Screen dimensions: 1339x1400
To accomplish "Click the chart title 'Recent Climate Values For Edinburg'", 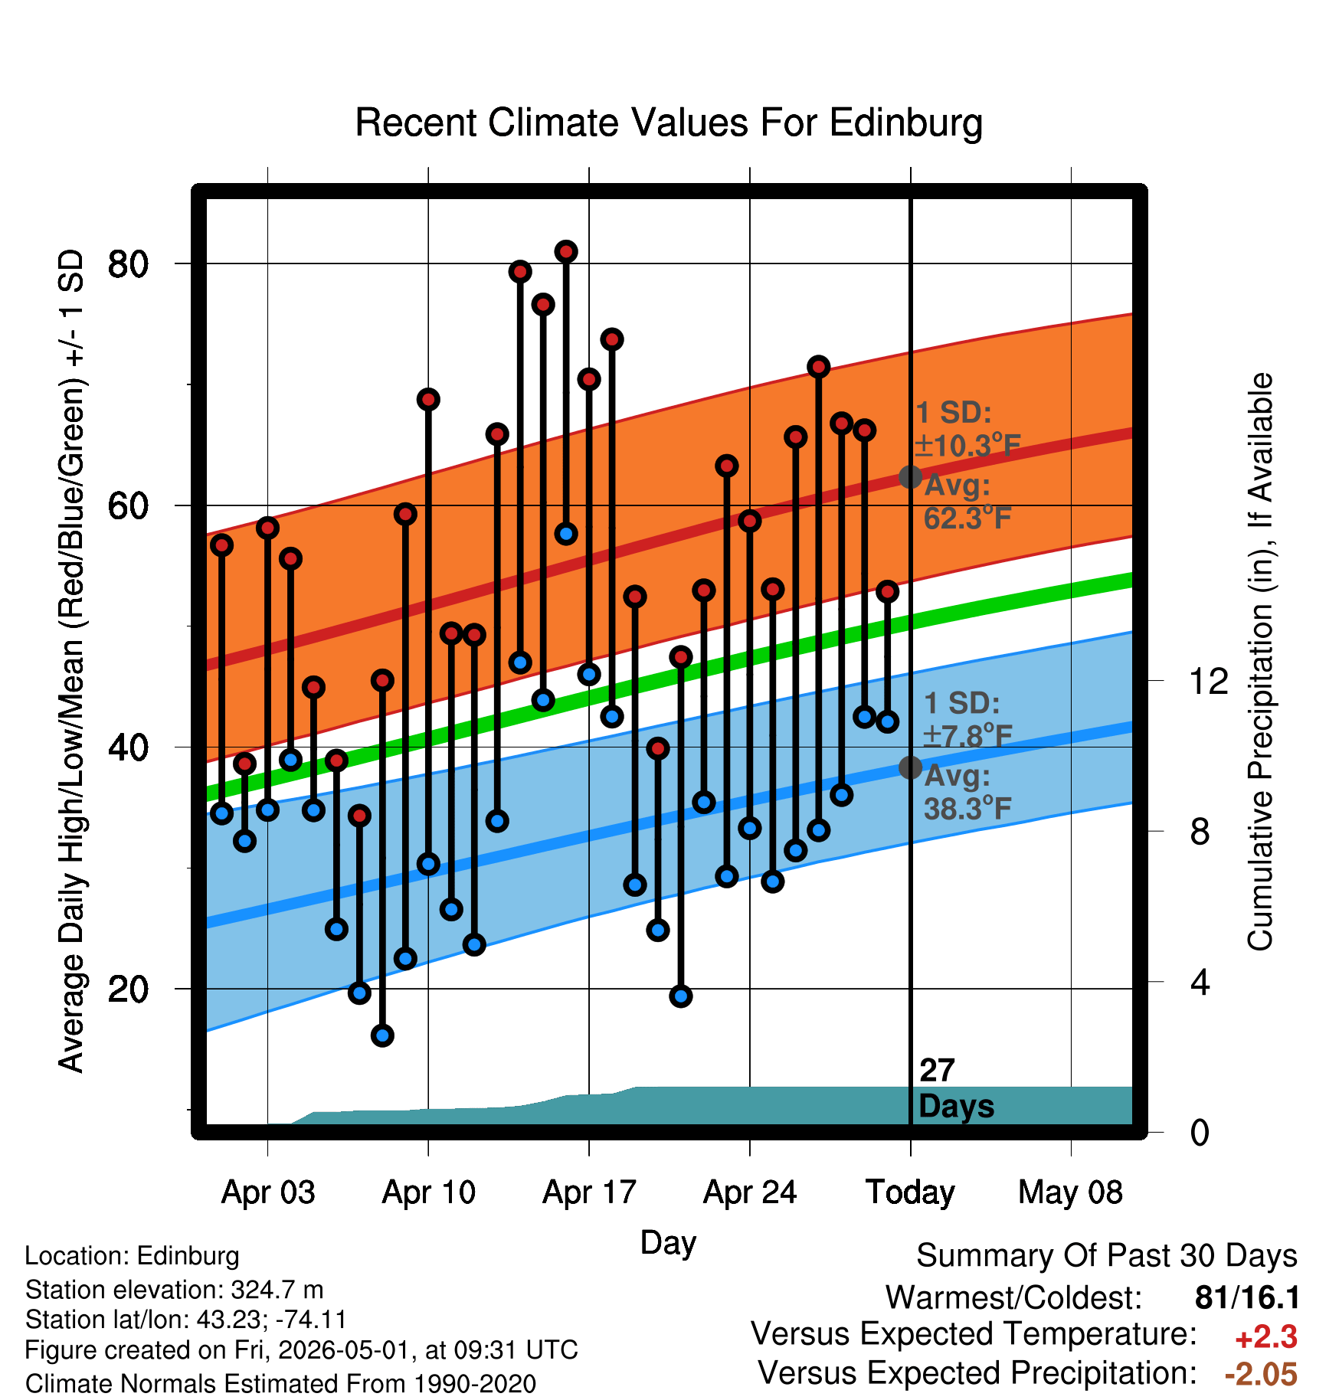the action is pyautogui.click(x=669, y=123).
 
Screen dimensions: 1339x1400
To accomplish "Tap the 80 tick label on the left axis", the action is pyautogui.click(x=128, y=264).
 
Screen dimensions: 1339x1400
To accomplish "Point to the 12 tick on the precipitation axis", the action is pyautogui.click(x=1209, y=681).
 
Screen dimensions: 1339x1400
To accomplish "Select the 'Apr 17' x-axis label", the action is pyautogui.click(x=589, y=1192).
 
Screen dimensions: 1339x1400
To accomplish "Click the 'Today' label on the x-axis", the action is pyautogui.click(x=910, y=1192).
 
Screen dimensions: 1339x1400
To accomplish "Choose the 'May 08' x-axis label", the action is pyautogui.click(x=1071, y=1192).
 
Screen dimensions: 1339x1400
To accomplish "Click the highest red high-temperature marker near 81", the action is pyautogui.click(x=566, y=251).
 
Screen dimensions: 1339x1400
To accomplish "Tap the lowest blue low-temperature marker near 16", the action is pyautogui.click(x=382, y=1035).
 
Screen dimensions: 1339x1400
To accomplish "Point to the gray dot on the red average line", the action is pyautogui.click(x=910, y=477).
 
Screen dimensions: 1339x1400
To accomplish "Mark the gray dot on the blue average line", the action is pyautogui.click(x=910, y=767).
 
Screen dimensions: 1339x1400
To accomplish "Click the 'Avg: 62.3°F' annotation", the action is pyautogui.click(x=967, y=502).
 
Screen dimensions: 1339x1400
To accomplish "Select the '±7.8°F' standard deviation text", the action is pyautogui.click(x=967, y=736).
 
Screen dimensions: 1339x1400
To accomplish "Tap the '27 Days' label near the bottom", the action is pyautogui.click(x=956, y=1088).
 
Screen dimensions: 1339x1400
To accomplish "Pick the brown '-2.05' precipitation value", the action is pyautogui.click(x=1261, y=1374).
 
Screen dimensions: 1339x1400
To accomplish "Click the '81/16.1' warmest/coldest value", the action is pyautogui.click(x=1247, y=1297).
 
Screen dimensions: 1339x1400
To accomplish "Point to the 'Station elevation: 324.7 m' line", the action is pyautogui.click(x=175, y=1290).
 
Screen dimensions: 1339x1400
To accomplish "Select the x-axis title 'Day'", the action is pyautogui.click(x=668, y=1243).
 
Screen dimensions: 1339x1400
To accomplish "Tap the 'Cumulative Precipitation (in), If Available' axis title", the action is pyautogui.click(x=1259, y=662).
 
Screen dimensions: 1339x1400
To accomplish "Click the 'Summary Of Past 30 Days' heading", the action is pyautogui.click(x=1107, y=1256).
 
